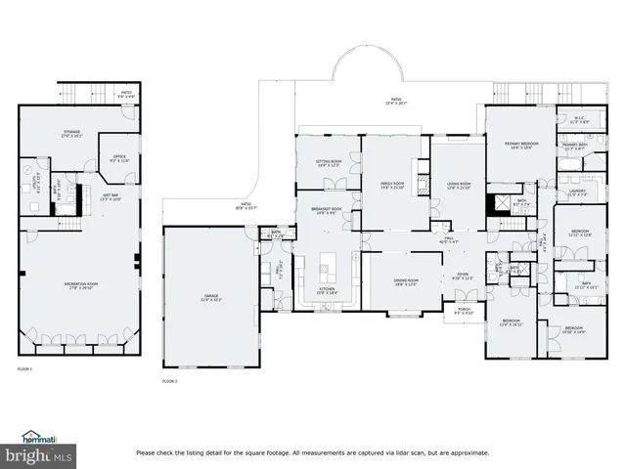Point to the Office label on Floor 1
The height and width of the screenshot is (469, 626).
tap(119, 157)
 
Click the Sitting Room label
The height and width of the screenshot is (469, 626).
tap(328, 163)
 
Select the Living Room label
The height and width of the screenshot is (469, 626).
tap(459, 185)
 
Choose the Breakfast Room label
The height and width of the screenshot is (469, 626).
tap(327, 210)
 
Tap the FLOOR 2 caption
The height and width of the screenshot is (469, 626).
tap(169, 380)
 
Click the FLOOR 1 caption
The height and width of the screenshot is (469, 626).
tap(24, 369)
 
